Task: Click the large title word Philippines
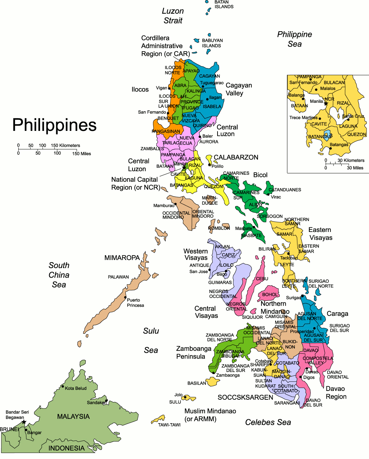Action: click(54, 125)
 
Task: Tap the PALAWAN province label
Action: click(118, 277)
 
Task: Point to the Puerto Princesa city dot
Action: click(125, 297)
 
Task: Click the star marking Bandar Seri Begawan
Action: click(24, 422)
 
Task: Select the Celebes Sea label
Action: click(268, 423)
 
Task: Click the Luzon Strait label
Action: click(173, 16)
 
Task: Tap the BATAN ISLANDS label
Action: click(224, 4)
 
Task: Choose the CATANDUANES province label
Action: click(285, 190)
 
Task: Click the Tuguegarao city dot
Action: click(203, 86)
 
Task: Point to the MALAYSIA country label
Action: click(73, 417)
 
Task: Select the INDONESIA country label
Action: click(66, 448)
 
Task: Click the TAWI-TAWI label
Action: click(169, 425)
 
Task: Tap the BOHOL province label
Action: click(270, 294)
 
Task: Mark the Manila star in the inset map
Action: click(326, 104)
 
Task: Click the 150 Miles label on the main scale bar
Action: click(82, 154)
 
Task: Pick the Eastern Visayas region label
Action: click(320, 234)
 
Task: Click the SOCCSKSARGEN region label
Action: click(245, 397)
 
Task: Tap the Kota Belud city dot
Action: click(63, 387)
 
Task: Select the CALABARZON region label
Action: click(236, 158)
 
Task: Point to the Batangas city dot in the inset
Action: click(331, 148)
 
